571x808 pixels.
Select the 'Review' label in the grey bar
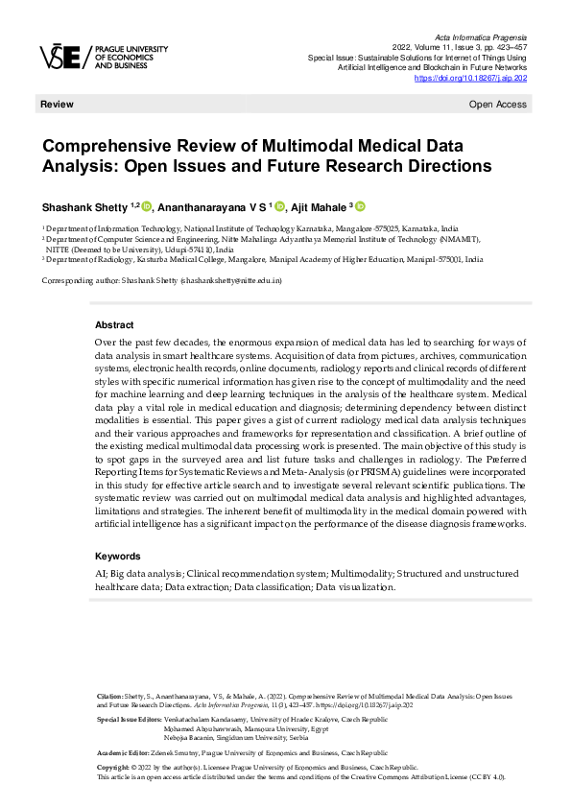point(56,103)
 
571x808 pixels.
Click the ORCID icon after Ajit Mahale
point(361,206)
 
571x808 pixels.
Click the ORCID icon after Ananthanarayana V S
point(281,206)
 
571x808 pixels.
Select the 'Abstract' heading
point(114,325)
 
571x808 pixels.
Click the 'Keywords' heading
point(118,556)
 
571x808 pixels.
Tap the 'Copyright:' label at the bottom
point(114,769)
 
